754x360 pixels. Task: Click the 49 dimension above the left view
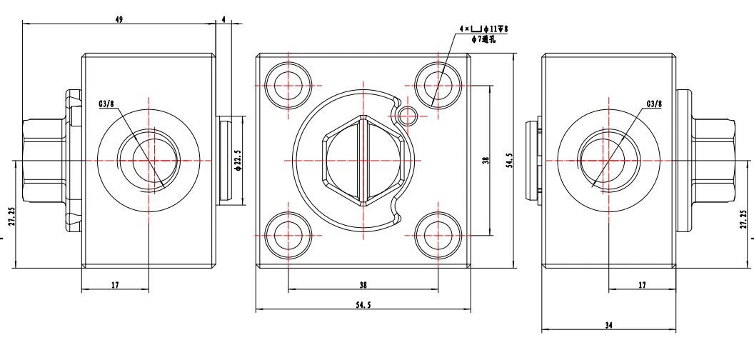coord(119,19)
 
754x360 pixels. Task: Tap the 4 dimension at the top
coord(223,19)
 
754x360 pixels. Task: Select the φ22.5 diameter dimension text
coord(237,160)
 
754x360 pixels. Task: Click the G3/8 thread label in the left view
coord(106,103)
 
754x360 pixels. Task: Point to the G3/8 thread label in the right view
coord(654,103)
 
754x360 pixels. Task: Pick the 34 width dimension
coord(609,326)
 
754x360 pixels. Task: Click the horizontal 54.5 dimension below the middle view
coord(363,305)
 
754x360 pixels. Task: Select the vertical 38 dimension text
coord(486,160)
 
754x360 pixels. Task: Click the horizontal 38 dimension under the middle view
coord(363,285)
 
